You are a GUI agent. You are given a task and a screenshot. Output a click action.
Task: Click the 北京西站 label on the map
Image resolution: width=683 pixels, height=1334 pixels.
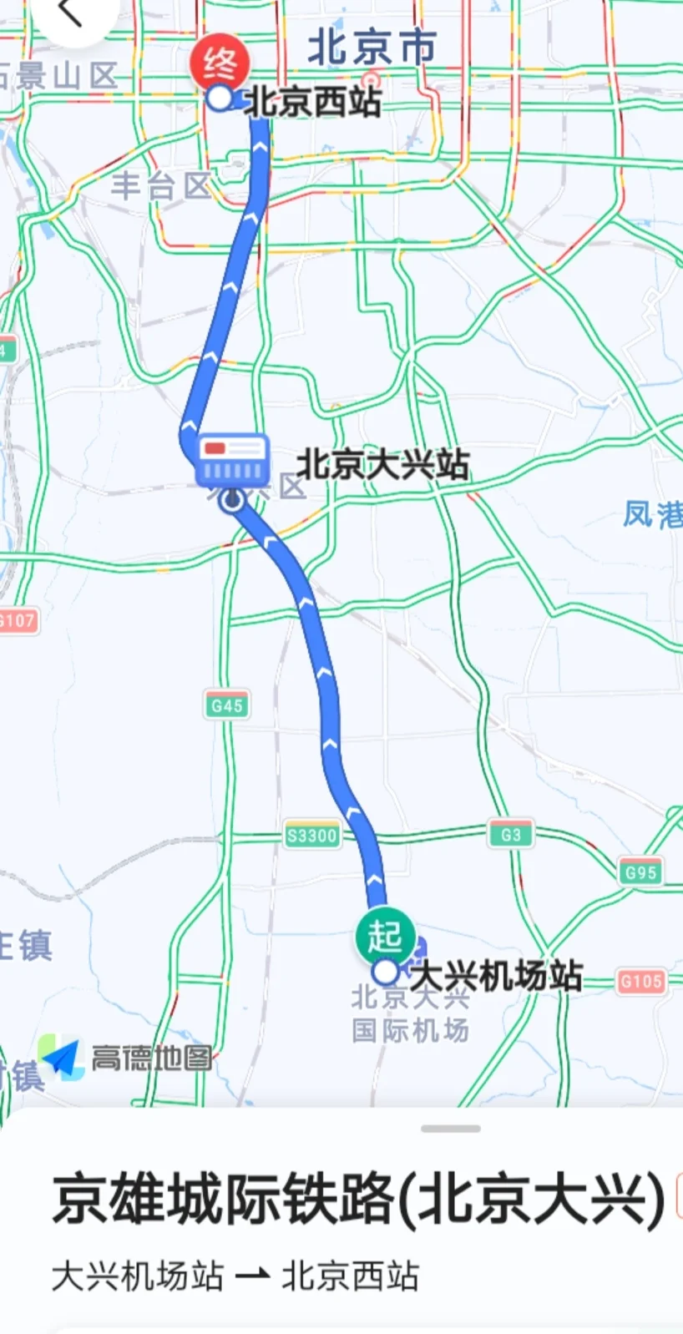tap(313, 103)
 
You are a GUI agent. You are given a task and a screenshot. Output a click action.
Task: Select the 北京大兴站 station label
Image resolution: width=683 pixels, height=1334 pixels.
tap(383, 465)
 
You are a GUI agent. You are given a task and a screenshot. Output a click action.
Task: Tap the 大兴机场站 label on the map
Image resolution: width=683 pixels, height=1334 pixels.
tap(497, 975)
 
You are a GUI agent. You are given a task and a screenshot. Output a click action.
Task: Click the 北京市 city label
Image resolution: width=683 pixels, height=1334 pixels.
tap(372, 48)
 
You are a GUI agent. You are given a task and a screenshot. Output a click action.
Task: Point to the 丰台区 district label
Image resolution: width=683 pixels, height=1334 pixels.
tap(160, 185)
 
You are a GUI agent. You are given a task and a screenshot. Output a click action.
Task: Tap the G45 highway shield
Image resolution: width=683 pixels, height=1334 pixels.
tap(227, 705)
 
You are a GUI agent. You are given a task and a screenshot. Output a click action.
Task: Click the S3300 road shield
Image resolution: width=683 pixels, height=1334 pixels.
tap(312, 836)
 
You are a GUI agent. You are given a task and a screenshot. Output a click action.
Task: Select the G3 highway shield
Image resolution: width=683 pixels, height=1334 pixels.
tap(510, 834)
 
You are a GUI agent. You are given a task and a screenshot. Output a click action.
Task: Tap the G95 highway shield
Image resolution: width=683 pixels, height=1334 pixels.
tap(640, 872)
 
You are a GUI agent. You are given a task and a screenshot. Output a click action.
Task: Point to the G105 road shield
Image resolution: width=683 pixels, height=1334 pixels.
tap(641, 981)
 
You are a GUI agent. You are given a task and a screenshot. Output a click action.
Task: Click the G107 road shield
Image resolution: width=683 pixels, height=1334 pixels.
tap(17, 621)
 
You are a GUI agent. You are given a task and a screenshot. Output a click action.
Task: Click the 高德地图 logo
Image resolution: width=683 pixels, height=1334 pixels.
tap(125, 1059)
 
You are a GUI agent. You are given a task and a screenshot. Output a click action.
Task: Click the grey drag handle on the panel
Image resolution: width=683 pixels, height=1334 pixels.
tap(451, 1129)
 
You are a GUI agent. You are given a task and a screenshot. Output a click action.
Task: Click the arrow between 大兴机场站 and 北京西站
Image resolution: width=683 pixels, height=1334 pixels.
tap(252, 1276)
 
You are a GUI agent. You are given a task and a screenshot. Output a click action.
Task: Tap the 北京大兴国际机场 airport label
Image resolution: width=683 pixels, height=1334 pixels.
tap(410, 1013)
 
